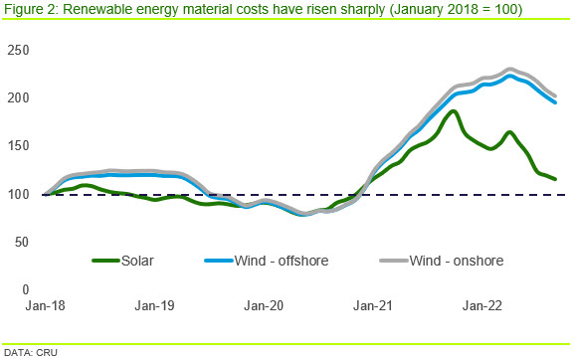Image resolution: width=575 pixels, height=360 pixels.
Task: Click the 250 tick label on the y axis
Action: point(18,50)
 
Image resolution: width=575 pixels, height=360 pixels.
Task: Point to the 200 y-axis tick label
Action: point(18,97)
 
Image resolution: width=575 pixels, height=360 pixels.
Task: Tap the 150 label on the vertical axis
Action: point(18,146)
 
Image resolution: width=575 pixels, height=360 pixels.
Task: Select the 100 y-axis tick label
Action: point(18,194)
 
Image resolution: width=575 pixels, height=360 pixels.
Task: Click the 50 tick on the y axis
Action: point(22,242)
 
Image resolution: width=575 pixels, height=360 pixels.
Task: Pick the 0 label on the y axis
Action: point(25,289)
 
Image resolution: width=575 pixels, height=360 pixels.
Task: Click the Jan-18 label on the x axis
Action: point(45,305)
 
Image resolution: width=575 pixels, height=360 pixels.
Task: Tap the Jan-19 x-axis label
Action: point(154,305)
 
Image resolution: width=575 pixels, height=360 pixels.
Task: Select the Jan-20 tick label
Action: point(264,305)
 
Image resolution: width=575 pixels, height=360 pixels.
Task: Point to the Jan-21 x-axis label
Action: point(373,305)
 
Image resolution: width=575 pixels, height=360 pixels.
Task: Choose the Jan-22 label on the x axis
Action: point(482,305)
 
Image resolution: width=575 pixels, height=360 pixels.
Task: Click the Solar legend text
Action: point(137,261)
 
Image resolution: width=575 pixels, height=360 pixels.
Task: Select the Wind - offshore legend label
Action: point(282,261)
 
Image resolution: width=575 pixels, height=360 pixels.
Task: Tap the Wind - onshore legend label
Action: point(457,261)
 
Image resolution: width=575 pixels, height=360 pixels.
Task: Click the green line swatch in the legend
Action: point(106,261)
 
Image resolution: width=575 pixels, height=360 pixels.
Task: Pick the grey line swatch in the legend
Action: point(394,261)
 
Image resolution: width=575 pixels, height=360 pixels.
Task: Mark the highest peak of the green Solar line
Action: point(454,111)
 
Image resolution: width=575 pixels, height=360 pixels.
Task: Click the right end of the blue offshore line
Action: point(555,102)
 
